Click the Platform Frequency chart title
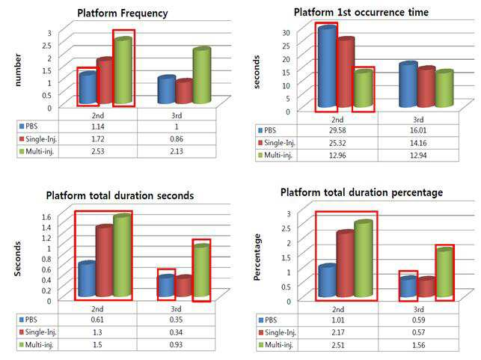pos(123,13)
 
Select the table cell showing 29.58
pos(337,130)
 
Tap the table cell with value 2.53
pos(98,151)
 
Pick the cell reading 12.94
pos(418,155)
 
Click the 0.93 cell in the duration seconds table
pos(176,344)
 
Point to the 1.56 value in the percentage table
pos(418,345)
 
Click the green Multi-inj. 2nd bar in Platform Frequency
pos(123,70)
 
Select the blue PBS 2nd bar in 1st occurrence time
pos(327,67)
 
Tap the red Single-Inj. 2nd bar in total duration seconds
pos(105,261)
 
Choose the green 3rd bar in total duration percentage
pos(444,272)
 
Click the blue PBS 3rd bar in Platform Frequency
pos(167,89)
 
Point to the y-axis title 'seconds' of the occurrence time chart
pos(257,72)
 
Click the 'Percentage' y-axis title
pos(257,257)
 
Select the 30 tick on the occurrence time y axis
pos(286,32)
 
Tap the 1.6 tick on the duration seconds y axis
pos(46,217)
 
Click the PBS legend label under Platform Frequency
pos(31,126)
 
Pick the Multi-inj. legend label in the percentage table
pos(279,344)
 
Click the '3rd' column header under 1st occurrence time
pos(418,120)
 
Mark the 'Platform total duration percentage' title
pos(361,192)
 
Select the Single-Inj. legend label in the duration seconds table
pos(41,332)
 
